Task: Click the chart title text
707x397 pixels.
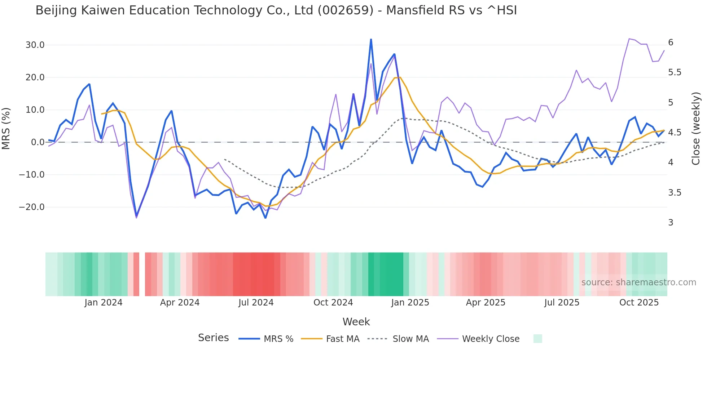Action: pyautogui.click(x=276, y=10)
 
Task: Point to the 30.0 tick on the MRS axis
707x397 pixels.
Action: pyautogui.click(x=35, y=45)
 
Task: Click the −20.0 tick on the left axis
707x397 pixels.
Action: pyautogui.click(x=32, y=207)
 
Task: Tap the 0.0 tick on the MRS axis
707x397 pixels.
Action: pyautogui.click(x=38, y=142)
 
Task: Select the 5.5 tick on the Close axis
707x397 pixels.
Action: pyautogui.click(x=675, y=72)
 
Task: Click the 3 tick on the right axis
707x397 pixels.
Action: pyautogui.click(x=671, y=223)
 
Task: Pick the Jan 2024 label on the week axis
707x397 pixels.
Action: pyautogui.click(x=104, y=303)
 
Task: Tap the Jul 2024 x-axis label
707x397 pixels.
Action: pyautogui.click(x=256, y=303)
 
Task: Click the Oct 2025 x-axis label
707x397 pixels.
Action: pyautogui.click(x=639, y=303)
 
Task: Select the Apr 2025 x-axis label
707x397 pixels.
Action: pyautogui.click(x=486, y=303)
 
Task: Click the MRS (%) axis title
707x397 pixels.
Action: pyautogui.click(x=6, y=129)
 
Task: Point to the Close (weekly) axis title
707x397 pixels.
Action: pyautogui.click(x=696, y=129)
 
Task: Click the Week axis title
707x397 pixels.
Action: pyautogui.click(x=356, y=322)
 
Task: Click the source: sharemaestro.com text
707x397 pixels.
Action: pyautogui.click(x=638, y=282)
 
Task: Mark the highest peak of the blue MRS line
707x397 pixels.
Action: pyautogui.click(x=371, y=39)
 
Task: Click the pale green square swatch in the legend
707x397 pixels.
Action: pyautogui.click(x=537, y=339)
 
